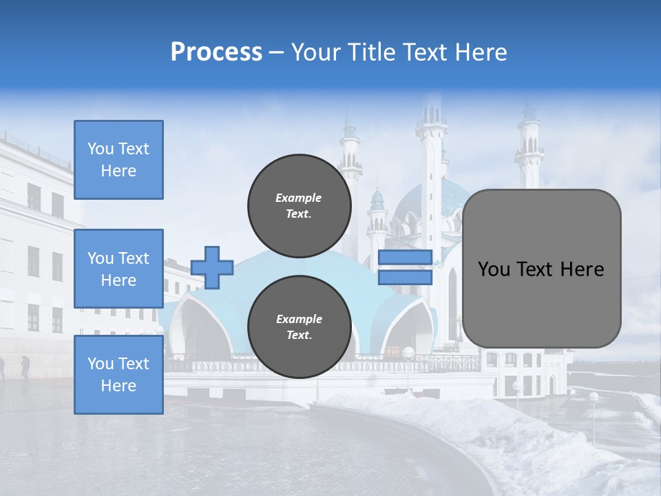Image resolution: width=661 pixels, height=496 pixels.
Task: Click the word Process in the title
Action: pyautogui.click(x=216, y=52)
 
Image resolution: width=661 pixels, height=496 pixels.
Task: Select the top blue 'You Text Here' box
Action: pyautogui.click(x=118, y=160)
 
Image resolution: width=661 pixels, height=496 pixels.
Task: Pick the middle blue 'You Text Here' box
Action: pyautogui.click(x=118, y=269)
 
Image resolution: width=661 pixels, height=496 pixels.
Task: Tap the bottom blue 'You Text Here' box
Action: pyautogui.click(x=118, y=374)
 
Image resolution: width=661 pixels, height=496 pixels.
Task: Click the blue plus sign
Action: pyautogui.click(x=212, y=267)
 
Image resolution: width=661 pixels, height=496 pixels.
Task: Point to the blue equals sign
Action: pyautogui.click(x=405, y=267)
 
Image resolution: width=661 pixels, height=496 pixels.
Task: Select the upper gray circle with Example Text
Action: pyautogui.click(x=299, y=205)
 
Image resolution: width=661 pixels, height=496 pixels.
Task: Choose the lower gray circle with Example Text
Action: pyautogui.click(x=299, y=327)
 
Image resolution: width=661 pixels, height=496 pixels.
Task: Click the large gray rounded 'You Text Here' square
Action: pyautogui.click(x=541, y=269)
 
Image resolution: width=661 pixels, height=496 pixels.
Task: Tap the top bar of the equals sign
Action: pyautogui.click(x=405, y=258)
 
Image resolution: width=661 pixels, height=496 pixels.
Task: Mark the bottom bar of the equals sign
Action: pyautogui.click(x=405, y=277)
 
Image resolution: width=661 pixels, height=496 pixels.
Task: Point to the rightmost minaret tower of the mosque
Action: pyautogui.click(x=530, y=148)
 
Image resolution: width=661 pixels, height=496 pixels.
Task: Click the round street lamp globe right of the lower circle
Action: pyautogui.click(x=408, y=353)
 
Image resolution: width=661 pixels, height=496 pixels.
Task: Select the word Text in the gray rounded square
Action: pyautogui.click(x=541, y=269)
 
